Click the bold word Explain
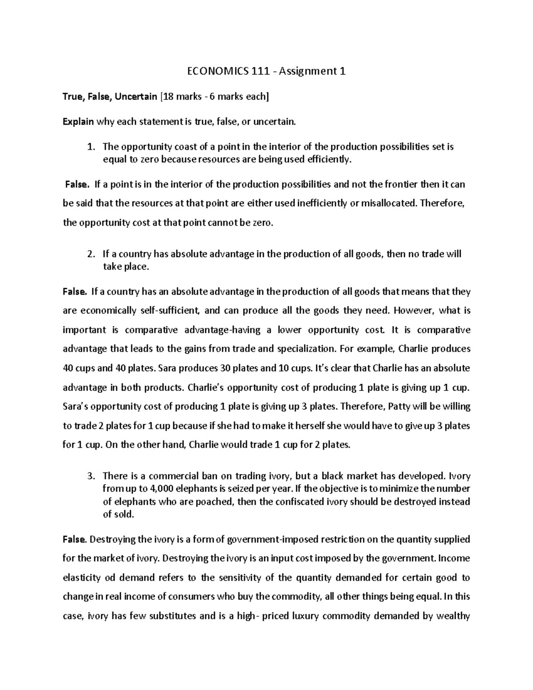click(x=78, y=122)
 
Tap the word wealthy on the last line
click(x=453, y=616)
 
